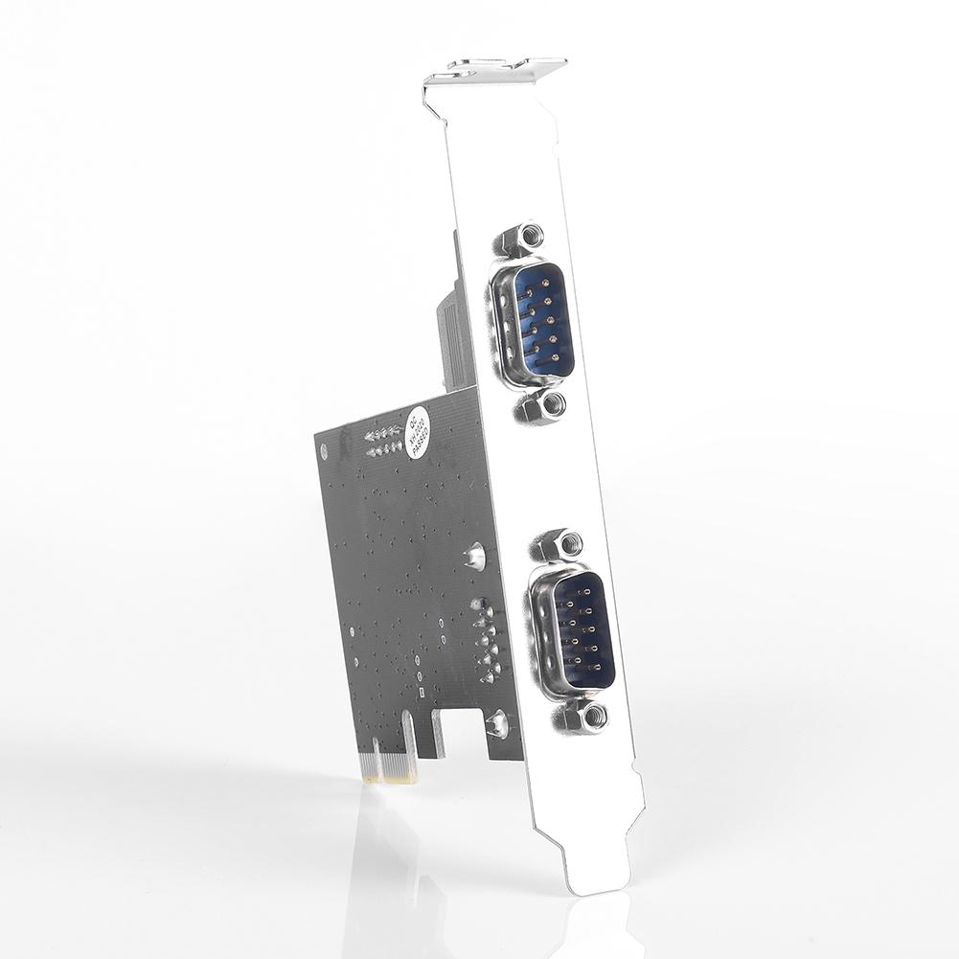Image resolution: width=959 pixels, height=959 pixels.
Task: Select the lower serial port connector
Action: pyautogui.click(x=573, y=631)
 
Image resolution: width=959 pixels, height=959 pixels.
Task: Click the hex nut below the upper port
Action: pyautogui.click(x=543, y=406)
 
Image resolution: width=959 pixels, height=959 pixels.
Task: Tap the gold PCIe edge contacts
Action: pyautogui.click(x=392, y=766)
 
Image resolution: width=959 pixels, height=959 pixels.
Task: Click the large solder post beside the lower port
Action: pyautogui.click(x=473, y=555)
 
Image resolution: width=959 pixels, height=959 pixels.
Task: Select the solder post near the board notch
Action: pyautogui.click(x=497, y=723)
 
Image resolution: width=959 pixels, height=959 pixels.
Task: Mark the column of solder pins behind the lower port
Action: pyautogui.click(x=486, y=642)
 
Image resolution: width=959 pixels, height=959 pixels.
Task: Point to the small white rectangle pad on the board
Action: pyautogui.click(x=420, y=690)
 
